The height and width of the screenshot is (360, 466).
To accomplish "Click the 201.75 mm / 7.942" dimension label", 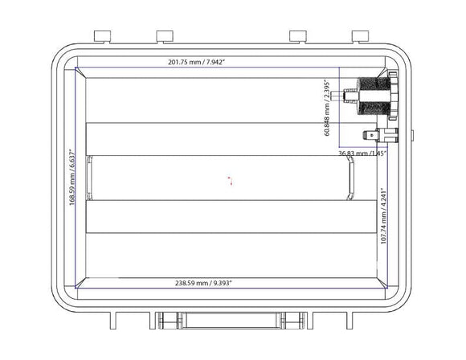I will (x=196, y=62).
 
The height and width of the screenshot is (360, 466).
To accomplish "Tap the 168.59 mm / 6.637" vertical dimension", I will (x=72, y=177).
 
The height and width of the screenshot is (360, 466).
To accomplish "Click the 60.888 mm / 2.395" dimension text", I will (x=328, y=108).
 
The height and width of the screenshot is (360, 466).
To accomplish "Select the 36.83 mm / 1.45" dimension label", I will (x=362, y=153).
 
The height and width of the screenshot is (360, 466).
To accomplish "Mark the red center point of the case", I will (x=231, y=181).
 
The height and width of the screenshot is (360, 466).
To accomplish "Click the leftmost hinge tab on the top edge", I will (x=101, y=35).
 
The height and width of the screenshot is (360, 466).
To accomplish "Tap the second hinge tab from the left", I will (x=166, y=35).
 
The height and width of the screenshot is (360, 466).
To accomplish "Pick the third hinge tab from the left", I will (x=297, y=35).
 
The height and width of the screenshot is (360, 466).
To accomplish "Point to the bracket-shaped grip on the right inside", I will (x=351, y=178).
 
